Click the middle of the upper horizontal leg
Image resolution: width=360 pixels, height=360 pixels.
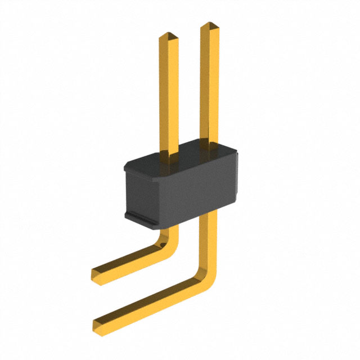[129, 262]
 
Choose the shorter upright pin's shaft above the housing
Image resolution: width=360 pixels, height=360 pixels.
[169, 96]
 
